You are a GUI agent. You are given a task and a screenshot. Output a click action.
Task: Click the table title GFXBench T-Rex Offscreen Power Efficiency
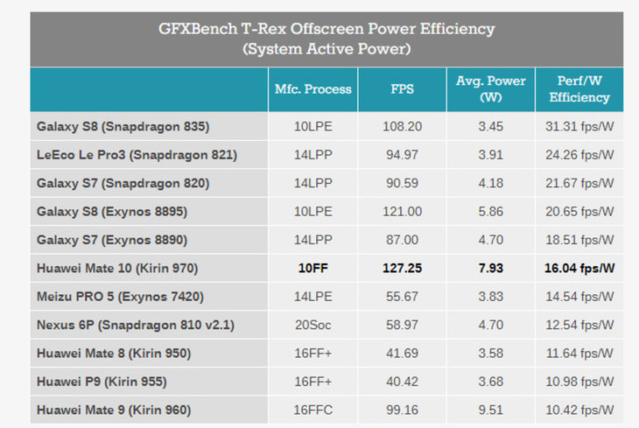pyautogui.click(x=327, y=29)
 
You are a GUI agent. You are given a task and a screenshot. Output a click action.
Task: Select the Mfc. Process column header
pyautogui.click(x=313, y=89)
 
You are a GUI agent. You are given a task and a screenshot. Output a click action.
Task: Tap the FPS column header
pyautogui.click(x=403, y=89)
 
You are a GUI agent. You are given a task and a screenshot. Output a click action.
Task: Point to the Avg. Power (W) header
pyautogui.click(x=491, y=89)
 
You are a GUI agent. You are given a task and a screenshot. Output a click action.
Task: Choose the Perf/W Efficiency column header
pyautogui.click(x=579, y=89)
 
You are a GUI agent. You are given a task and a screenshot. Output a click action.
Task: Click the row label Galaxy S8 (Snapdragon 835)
pyautogui.click(x=123, y=127)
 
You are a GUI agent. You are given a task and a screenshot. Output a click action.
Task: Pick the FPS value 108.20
pyautogui.click(x=403, y=126)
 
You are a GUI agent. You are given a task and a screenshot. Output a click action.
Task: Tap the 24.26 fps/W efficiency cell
pyautogui.click(x=579, y=155)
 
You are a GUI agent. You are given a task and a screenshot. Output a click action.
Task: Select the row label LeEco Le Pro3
pyautogui.click(x=81, y=155)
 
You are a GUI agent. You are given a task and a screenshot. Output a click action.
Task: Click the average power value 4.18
pyautogui.click(x=491, y=183)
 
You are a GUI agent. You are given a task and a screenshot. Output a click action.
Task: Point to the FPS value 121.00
pyautogui.click(x=403, y=212)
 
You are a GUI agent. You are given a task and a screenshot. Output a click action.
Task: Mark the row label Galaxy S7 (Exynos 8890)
pyautogui.click(x=112, y=240)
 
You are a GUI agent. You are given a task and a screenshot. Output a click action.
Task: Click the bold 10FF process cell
pyautogui.click(x=313, y=268)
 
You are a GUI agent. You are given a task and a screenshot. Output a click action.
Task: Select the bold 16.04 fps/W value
pyautogui.click(x=579, y=268)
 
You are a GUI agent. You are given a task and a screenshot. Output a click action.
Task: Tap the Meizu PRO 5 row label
pyautogui.click(x=75, y=297)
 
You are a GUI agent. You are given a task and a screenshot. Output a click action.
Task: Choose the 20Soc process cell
pyautogui.click(x=313, y=325)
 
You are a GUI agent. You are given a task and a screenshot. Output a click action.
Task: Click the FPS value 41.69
pyautogui.click(x=403, y=353)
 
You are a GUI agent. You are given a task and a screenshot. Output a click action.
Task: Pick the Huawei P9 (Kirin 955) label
pyautogui.click(x=102, y=382)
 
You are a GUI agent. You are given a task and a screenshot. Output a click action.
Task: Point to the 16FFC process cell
pyautogui.click(x=313, y=410)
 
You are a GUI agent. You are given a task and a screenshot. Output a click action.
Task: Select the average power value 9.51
pyautogui.click(x=491, y=410)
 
